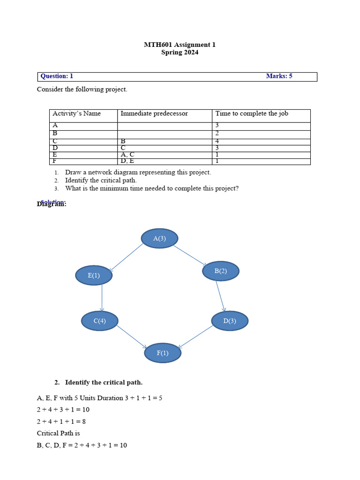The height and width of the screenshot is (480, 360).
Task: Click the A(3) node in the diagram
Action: click(159, 238)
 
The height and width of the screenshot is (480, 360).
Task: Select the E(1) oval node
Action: click(94, 275)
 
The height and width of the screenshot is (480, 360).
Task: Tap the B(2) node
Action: click(220, 271)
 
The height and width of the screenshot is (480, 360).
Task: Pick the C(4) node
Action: click(99, 321)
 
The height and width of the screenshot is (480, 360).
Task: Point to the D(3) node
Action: click(229, 321)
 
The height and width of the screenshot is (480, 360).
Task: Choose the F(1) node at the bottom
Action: click(162, 353)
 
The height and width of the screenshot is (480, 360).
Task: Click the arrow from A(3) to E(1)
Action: click(126, 257)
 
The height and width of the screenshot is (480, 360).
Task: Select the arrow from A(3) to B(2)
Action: click(190, 255)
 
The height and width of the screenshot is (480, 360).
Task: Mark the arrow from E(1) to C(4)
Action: click(102, 298)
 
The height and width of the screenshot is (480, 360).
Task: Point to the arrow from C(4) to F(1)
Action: click(132, 337)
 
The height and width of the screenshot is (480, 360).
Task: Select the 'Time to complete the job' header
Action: click(251, 113)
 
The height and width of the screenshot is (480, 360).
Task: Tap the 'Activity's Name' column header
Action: click(76, 113)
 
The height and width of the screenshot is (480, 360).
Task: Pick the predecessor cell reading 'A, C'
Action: click(127, 154)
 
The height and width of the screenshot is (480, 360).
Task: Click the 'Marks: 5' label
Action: click(279, 76)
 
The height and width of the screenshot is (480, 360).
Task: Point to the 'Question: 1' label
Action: click(57, 76)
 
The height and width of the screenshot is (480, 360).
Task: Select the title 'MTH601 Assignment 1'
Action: click(180, 45)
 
